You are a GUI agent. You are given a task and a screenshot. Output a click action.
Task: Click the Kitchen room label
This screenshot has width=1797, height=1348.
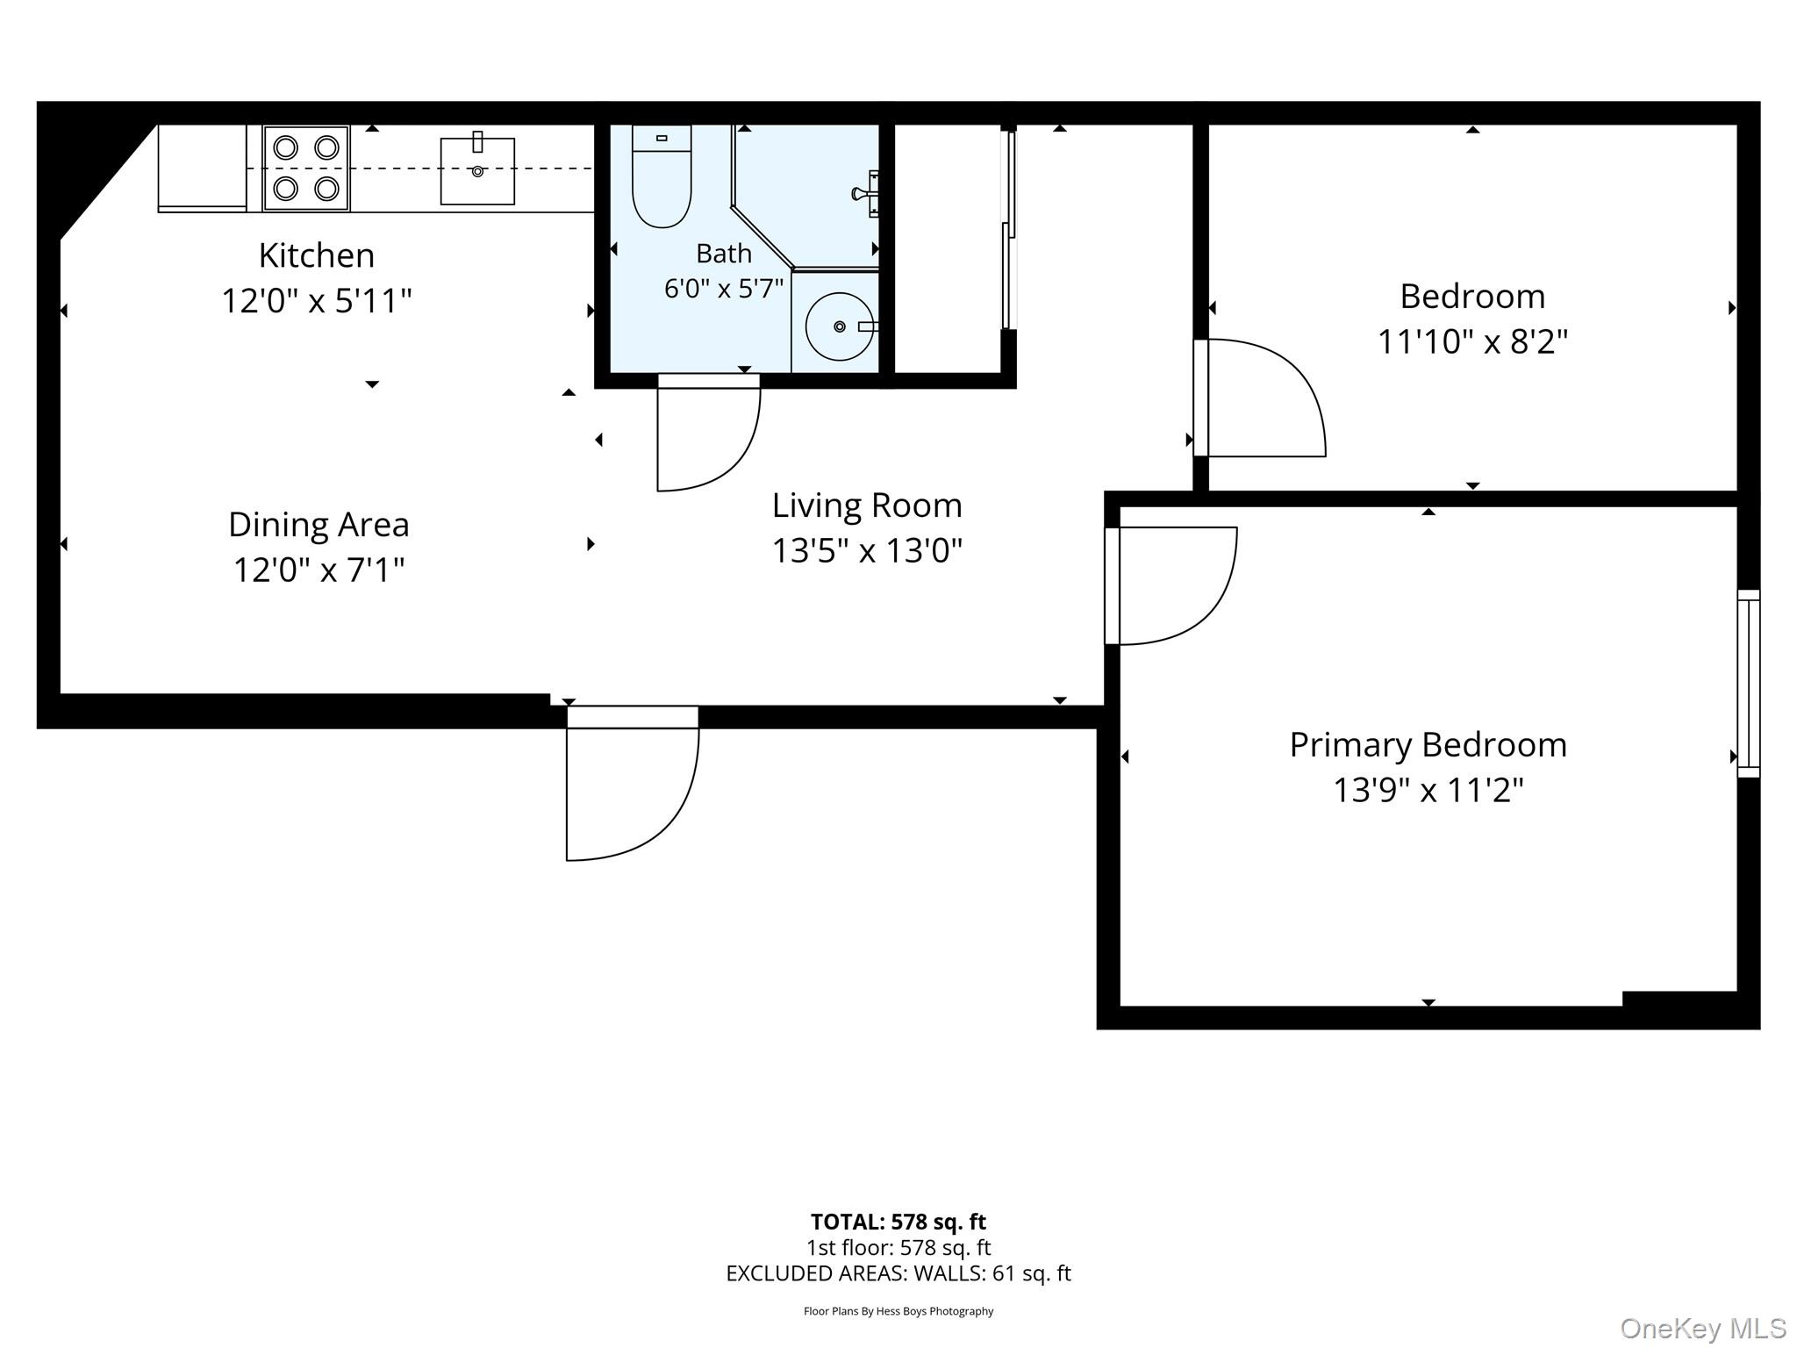point(317,255)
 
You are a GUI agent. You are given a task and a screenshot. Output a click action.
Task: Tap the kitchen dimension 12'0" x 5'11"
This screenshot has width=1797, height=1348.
point(317,301)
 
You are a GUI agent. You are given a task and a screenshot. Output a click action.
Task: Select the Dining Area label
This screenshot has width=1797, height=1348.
point(319,525)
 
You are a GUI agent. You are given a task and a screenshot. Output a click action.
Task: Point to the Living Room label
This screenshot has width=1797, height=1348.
point(867,505)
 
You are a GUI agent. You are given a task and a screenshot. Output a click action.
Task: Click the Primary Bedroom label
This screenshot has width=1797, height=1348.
point(1428,745)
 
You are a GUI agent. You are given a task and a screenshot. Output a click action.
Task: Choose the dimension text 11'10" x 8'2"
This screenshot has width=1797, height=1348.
point(1472,341)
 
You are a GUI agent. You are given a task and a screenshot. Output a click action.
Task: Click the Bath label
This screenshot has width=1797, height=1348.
point(724,254)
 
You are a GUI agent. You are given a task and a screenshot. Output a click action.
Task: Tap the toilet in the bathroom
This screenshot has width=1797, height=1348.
point(662,176)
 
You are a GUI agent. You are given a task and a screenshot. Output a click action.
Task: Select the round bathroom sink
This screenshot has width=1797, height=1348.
point(840,326)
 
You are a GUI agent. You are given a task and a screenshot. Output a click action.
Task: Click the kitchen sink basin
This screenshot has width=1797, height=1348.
point(477,171)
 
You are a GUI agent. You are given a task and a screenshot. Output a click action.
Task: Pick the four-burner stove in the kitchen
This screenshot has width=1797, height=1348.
point(306,168)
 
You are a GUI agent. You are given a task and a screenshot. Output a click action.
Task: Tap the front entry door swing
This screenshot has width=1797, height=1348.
point(633,784)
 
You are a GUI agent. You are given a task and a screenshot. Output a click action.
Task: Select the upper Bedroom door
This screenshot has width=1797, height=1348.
point(1259,398)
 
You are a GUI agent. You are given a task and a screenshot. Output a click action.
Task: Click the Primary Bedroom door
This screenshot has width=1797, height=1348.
point(1171,585)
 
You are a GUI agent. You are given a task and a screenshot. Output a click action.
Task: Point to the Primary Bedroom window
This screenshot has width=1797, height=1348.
point(1749,684)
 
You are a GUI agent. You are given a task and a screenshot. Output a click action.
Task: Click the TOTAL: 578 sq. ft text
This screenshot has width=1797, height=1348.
point(898,1222)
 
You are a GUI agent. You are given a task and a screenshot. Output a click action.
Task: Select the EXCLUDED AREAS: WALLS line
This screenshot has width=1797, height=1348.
point(898,1273)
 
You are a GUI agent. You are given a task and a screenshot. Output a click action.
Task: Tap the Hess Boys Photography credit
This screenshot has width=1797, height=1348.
point(898,1311)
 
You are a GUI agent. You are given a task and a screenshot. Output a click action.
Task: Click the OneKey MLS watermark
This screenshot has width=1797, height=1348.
point(1703,1329)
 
